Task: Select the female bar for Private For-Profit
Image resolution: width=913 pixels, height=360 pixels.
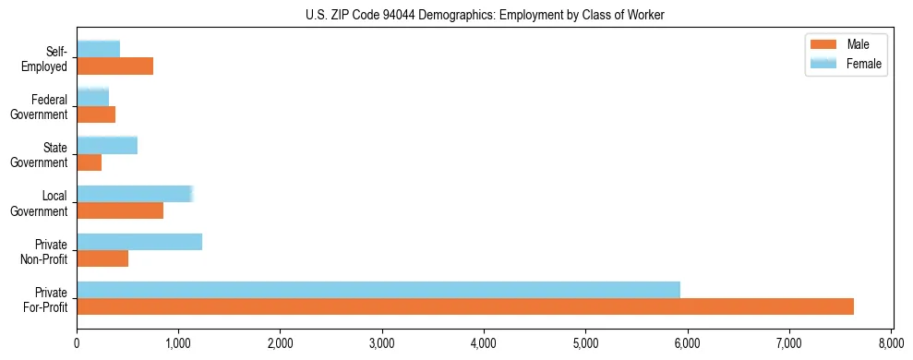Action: (378, 290)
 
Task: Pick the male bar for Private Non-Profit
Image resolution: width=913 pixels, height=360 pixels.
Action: (102, 258)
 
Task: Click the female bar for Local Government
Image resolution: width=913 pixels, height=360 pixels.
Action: (135, 194)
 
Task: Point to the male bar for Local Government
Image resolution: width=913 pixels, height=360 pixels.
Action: (120, 210)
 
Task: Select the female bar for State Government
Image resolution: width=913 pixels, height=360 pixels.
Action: (107, 145)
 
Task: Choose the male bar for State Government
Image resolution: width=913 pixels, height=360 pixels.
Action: (90, 162)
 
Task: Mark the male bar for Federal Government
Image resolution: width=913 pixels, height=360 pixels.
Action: (96, 114)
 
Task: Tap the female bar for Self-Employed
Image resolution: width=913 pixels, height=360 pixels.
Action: (99, 49)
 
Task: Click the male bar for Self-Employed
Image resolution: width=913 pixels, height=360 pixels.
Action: (115, 66)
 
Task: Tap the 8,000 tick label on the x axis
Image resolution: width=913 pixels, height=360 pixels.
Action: (891, 343)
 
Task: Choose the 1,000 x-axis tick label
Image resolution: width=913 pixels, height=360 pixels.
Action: (178, 343)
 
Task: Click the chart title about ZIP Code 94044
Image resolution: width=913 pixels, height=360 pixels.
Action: (484, 15)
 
